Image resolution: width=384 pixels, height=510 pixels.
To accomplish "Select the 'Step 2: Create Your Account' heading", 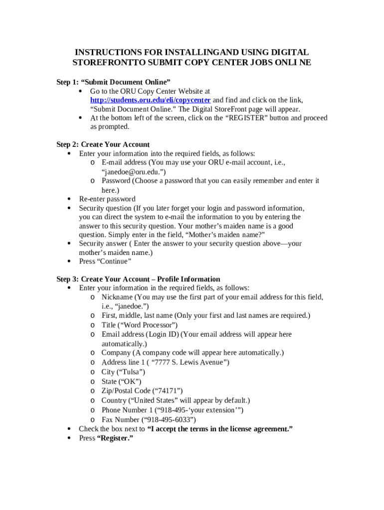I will (x=103, y=144).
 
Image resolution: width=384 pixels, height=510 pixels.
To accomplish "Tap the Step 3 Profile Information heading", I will (x=138, y=279).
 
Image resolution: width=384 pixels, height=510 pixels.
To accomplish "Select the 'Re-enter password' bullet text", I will (x=107, y=199).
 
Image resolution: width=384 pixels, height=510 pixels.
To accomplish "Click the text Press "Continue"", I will (x=105, y=261).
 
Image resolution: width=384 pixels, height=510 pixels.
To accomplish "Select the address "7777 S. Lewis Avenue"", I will (x=188, y=363).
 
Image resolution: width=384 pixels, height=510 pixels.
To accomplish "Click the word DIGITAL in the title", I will (x=289, y=52).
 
